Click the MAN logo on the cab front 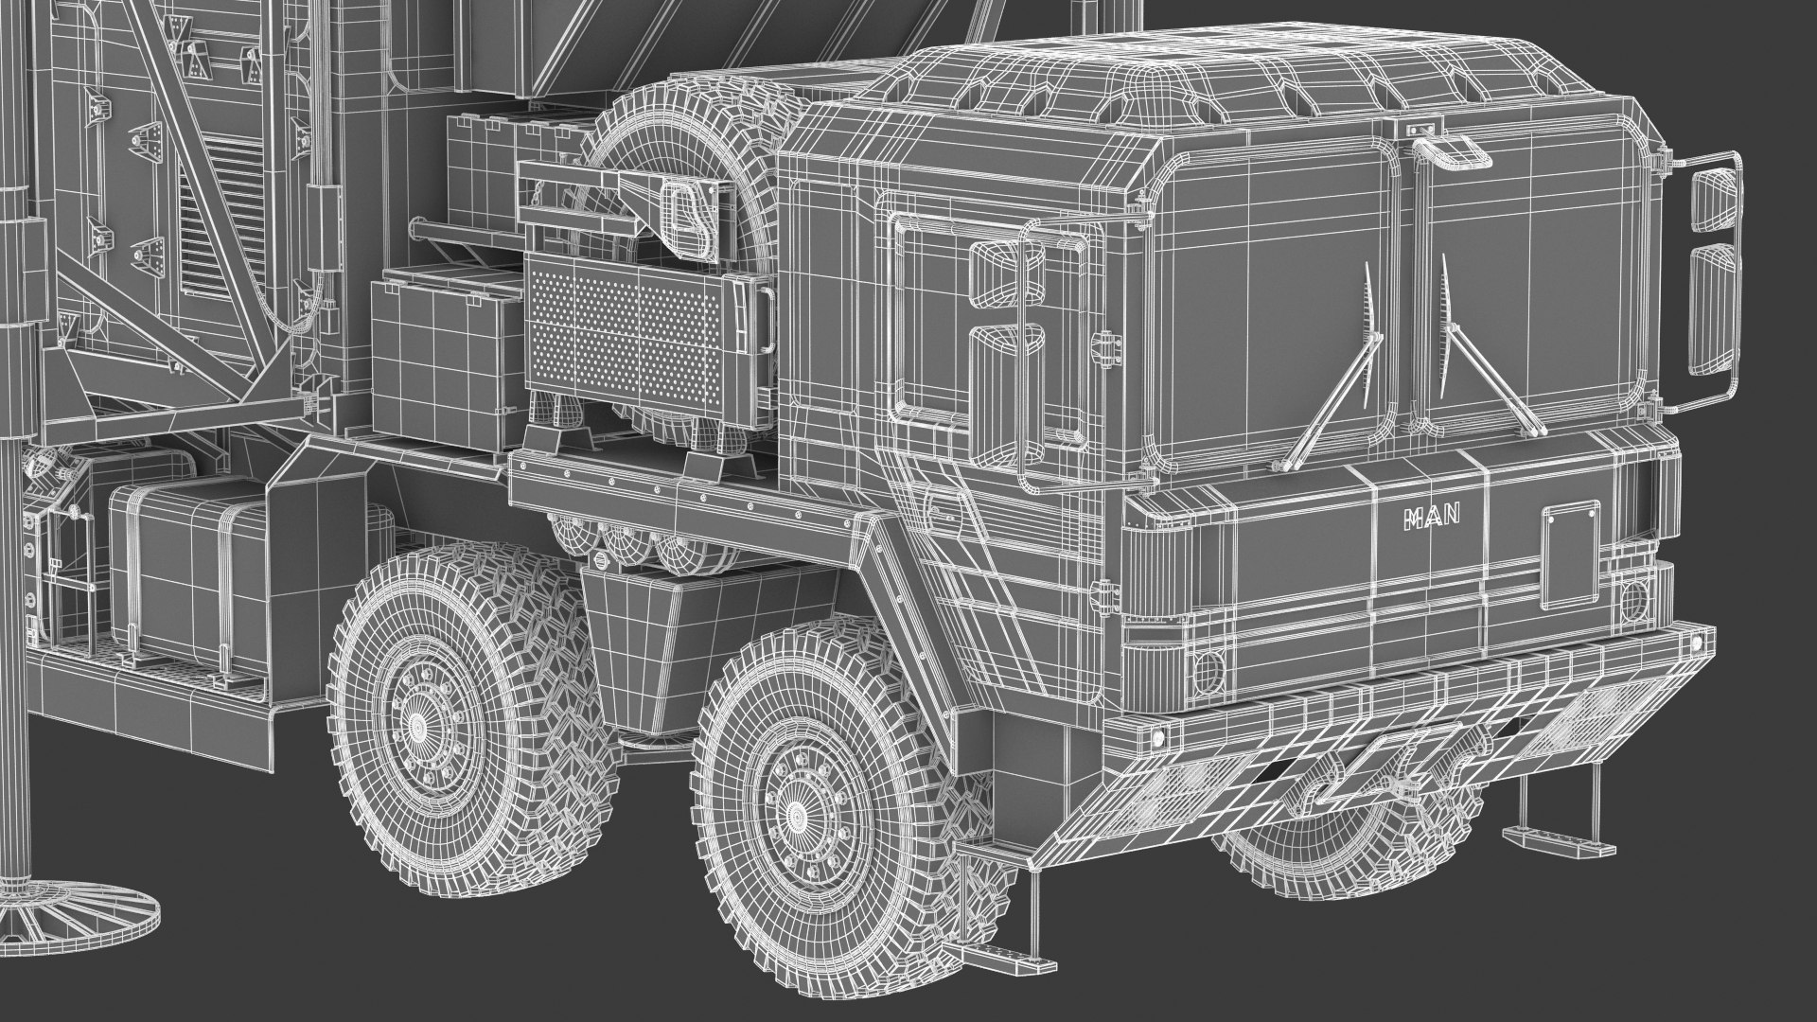tap(1432, 517)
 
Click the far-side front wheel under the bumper tap(1325, 852)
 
